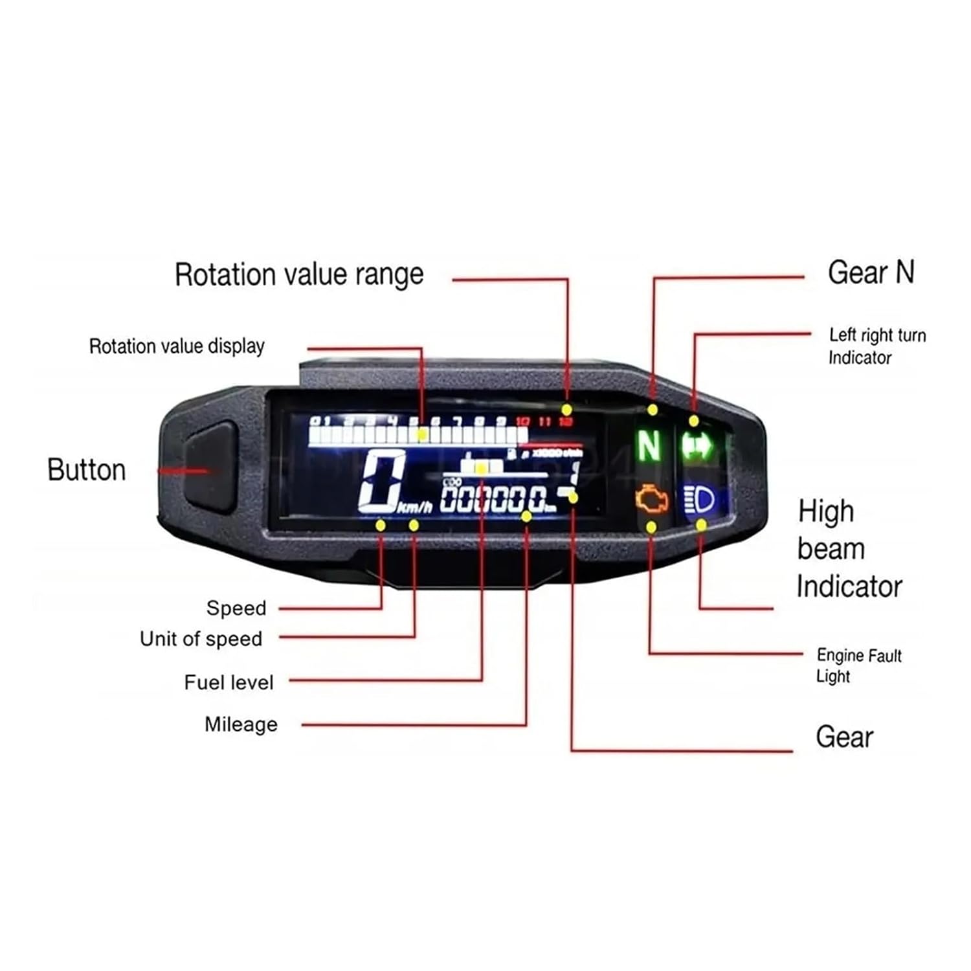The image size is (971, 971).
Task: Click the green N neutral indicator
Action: click(649, 445)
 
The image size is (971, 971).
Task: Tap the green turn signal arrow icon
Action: click(697, 446)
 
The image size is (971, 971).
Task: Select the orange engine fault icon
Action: click(651, 499)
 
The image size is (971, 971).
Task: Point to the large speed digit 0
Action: click(382, 481)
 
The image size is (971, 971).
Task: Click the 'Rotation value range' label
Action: click(299, 274)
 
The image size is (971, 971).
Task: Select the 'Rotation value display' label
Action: click(177, 346)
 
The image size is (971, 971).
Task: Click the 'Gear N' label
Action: click(871, 273)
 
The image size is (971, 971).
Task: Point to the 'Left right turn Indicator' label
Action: click(876, 346)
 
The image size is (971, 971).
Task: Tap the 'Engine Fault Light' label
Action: click(858, 665)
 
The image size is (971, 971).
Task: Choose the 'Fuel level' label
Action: click(229, 682)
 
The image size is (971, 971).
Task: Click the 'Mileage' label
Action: click(241, 724)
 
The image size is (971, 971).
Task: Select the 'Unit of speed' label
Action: click(201, 639)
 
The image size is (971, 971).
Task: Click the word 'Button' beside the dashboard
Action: click(87, 470)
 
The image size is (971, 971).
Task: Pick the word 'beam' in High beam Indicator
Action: click(831, 549)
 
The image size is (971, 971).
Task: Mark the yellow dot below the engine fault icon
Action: click(651, 528)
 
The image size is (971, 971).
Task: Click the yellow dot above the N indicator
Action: click(653, 410)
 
